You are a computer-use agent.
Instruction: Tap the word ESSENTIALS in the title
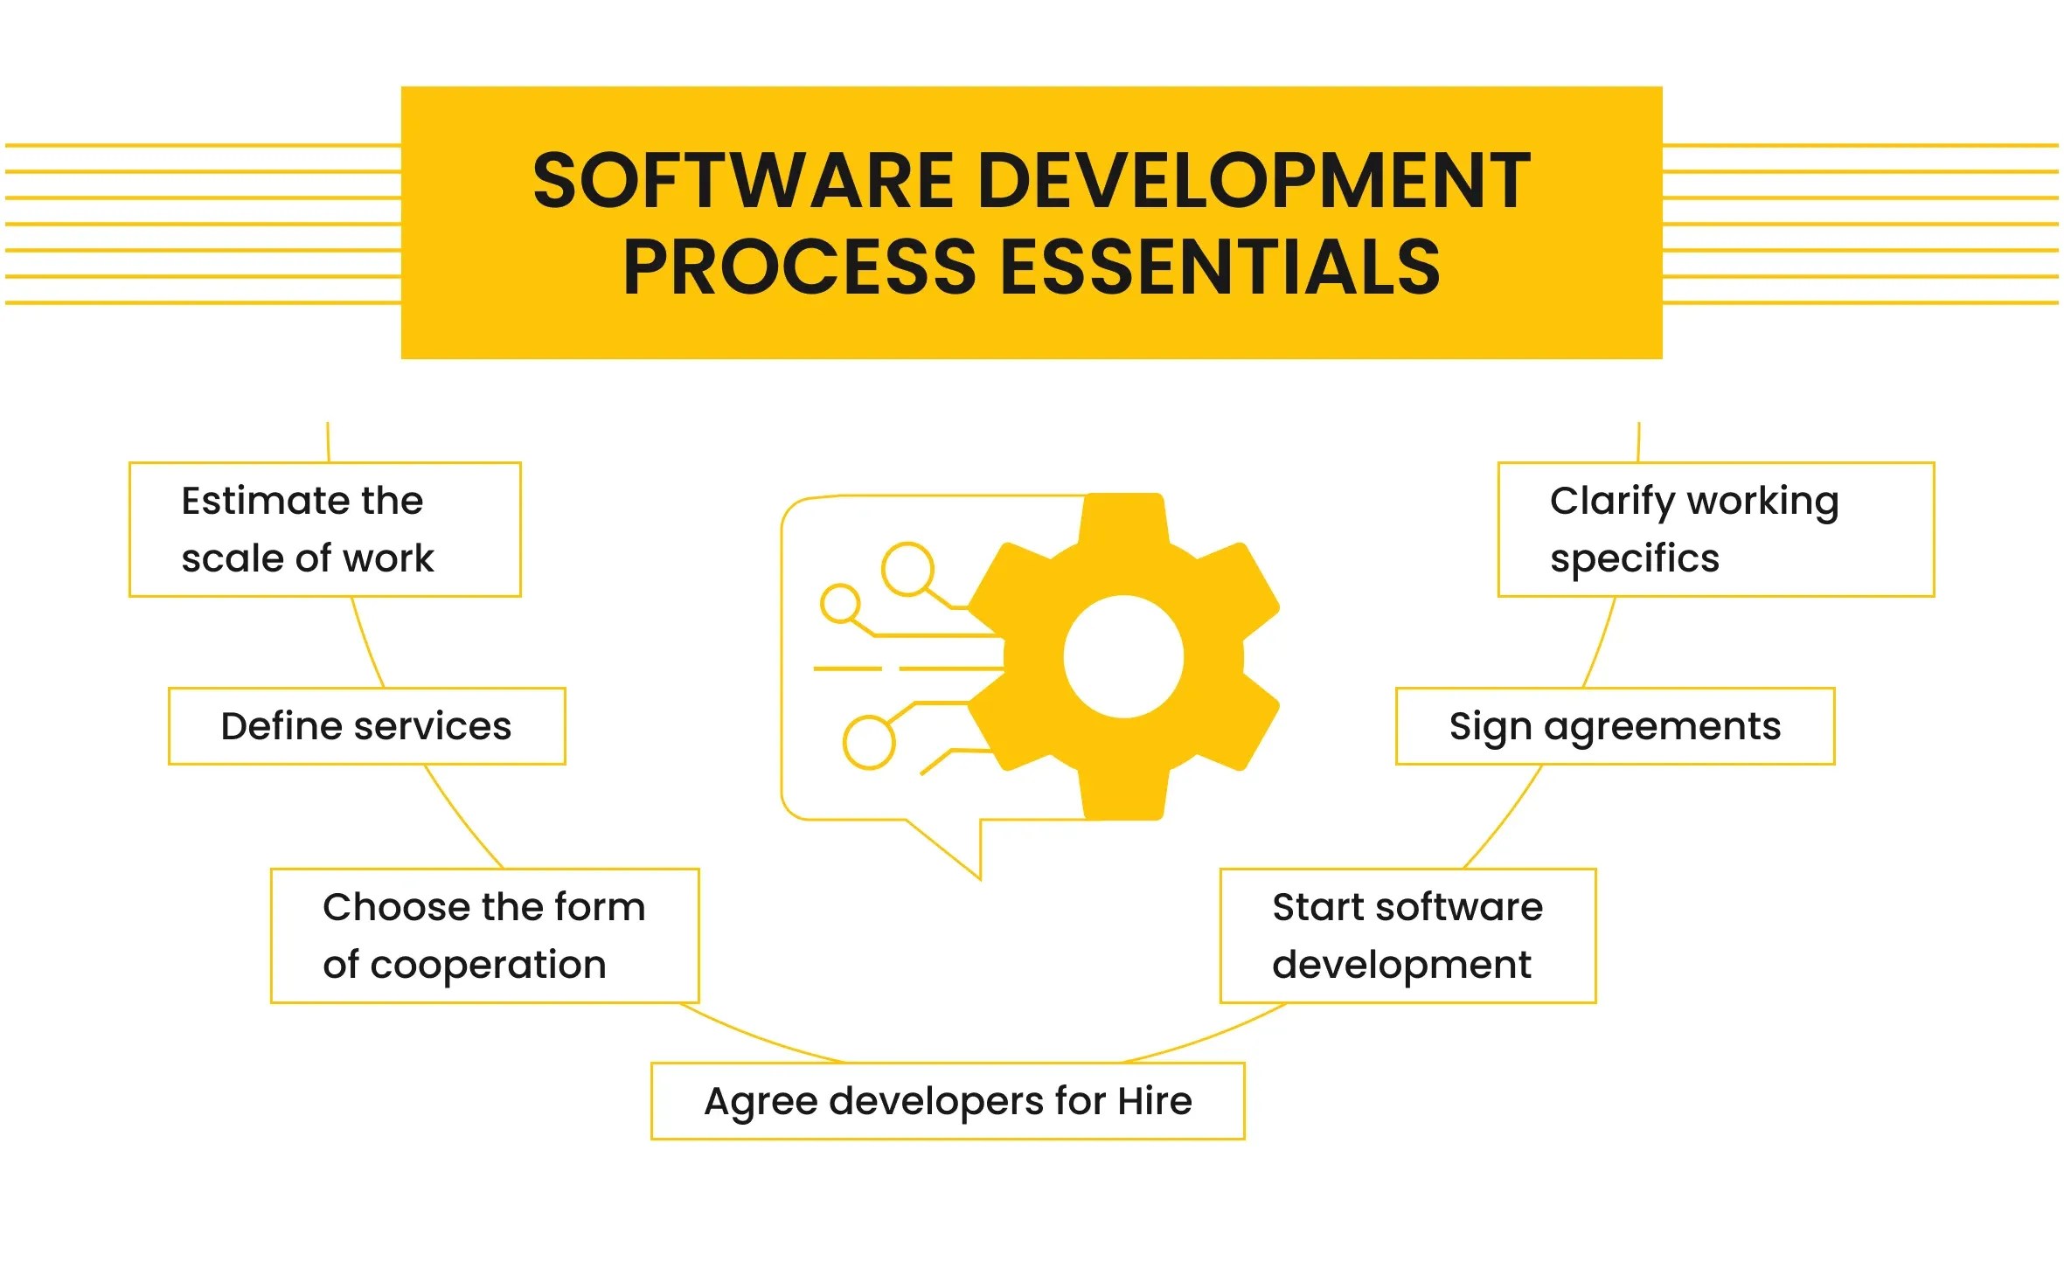point(1220,267)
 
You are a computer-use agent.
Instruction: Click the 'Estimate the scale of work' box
point(325,530)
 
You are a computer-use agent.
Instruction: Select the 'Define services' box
point(367,726)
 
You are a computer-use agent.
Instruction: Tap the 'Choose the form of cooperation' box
point(485,935)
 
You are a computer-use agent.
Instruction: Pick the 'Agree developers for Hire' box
point(948,1101)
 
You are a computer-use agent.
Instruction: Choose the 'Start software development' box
point(1407,935)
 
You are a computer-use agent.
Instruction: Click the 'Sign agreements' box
point(1615,726)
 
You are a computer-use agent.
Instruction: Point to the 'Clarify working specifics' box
point(1715,530)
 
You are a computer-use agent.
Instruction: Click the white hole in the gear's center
point(1123,657)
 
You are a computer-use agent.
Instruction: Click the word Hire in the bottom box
point(1155,1101)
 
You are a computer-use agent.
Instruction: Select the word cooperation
point(488,965)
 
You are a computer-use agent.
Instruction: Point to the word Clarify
point(1612,502)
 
